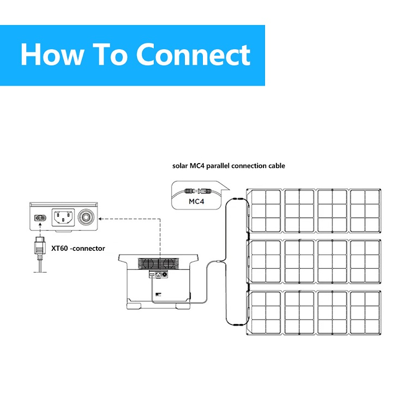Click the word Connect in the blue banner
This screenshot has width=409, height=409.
pyautogui.click(x=193, y=55)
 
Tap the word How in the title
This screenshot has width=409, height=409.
pyautogui.click(x=55, y=55)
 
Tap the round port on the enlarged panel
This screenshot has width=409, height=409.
pyautogui.click(x=87, y=217)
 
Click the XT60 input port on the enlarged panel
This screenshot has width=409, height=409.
pyautogui.click(x=38, y=218)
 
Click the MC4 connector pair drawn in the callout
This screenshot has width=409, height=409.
pyautogui.click(x=197, y=192)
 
